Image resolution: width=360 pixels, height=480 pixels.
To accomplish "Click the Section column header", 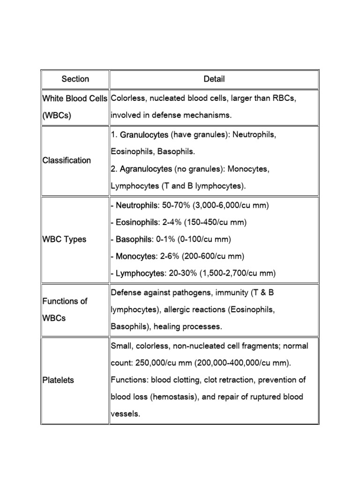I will pos(75,79).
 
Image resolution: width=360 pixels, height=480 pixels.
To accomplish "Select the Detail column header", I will pos(214,79).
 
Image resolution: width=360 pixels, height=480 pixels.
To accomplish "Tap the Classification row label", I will pos(67,160).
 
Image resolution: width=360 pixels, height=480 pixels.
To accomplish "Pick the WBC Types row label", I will pos(64,239).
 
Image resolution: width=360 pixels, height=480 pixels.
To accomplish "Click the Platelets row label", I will pos(58,380).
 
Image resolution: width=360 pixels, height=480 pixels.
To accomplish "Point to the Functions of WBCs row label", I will pos(65,309).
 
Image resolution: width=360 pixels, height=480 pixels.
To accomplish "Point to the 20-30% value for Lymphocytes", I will pos(182,273).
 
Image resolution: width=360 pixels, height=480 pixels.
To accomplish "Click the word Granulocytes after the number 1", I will pos(144,135).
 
